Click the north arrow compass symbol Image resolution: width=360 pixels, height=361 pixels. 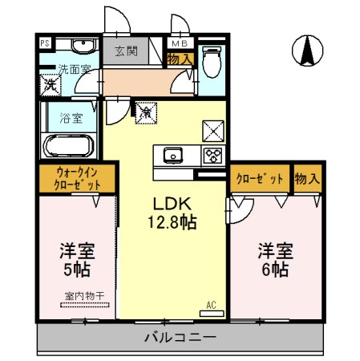pyautogui.click(x=307, y=51)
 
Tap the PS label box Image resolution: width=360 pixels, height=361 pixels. pyautogui.click(x=45, y=43)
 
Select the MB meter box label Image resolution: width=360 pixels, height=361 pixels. pyautogui.click(x=180, y=43)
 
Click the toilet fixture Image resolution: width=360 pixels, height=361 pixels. pyautogui.click(x=212, y=62)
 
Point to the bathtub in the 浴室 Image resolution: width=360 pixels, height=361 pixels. pyautogui.click(x=69, y=146)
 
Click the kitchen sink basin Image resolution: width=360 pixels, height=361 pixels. pyautogui.click(x=173, y=156)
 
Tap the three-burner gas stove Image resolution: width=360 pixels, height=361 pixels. pyautogui.click(x=212, y=156)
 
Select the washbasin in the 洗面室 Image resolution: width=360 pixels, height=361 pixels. pyautogui.click(x=83, y=46)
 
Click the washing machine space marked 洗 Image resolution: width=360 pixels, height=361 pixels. pyautogui.click(x=51, y=85)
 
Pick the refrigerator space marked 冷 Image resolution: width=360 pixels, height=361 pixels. pyautogui.click(x=146, y=113)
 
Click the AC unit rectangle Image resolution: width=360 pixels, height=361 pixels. pyautogui.click(x=212, y=314)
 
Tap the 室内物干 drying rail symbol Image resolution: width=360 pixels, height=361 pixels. pyautogui.click(x=85, y=305)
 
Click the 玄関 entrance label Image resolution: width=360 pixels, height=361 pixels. pyautogui.click(x=127, y=51)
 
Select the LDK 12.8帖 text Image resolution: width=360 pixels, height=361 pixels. pyautogui.click(x=172, y=213)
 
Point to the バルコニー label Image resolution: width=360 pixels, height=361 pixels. pyautogui.click(x=180, y=338)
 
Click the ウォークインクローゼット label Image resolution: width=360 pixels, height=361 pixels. pyautogui.click(x=77, y=179)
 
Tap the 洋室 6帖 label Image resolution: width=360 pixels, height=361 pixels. pyautogui.click(x=276, y=260)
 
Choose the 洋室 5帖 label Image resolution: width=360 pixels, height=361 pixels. pyautogui.click(x=77, y=260)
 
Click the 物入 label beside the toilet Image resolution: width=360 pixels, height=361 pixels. pyautogui.click(x=180, y=59)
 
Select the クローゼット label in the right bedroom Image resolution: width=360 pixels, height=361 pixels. pyautogui.click(x=260, y=179)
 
